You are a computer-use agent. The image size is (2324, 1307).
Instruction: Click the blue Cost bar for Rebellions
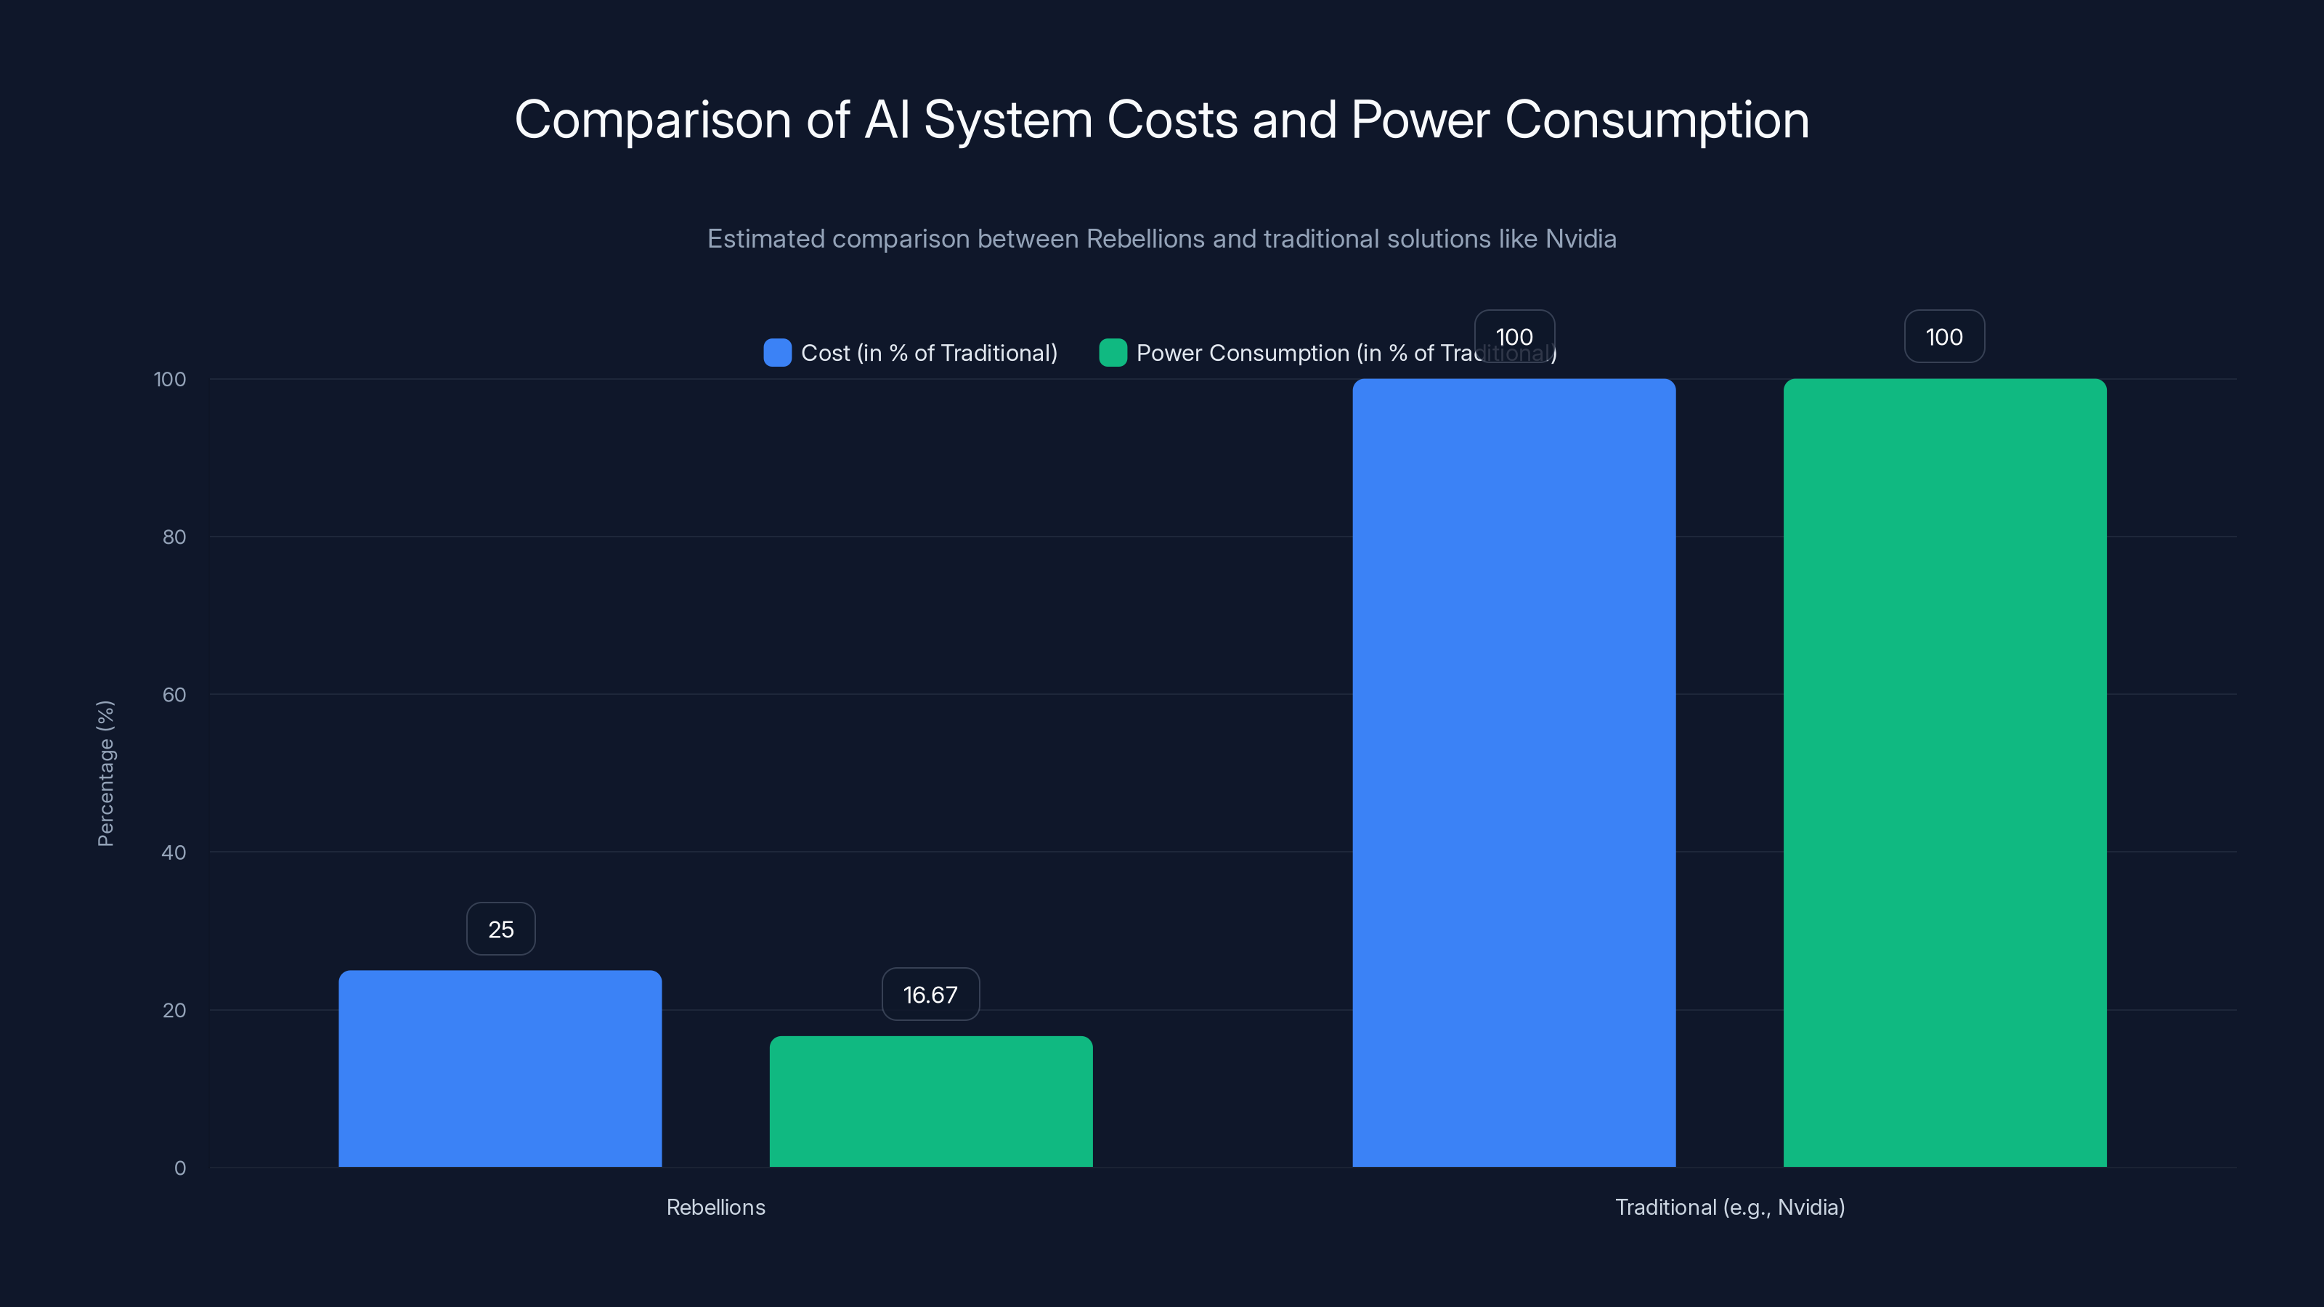[x=500, y=1069]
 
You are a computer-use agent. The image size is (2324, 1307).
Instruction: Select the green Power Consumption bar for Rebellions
[x=930, y=1102]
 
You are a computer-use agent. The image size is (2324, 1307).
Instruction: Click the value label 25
[x=500, y=929]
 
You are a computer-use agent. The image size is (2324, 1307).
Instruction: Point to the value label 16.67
[x=930, y=995]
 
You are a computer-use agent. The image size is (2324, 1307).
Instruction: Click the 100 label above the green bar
[x=1944, y=336]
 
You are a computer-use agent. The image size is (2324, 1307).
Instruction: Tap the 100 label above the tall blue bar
[x=1514, y=336]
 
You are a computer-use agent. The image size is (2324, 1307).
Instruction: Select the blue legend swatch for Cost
[x=777, y=353]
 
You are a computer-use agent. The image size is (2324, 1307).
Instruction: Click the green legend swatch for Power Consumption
[x=1113, y=353]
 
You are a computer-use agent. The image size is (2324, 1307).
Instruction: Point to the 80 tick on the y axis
[x=174, y=537]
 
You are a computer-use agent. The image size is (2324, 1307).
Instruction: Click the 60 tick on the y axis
[x=174, y=695]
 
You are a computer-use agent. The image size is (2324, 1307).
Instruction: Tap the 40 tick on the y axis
[x=174, y=852]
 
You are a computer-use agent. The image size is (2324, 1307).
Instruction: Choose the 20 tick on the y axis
[x=174, y=1010]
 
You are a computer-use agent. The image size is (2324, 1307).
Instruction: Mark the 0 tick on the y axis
[x=179, y=1168]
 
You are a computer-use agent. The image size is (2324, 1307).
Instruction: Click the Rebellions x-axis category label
[x=715, y=1207]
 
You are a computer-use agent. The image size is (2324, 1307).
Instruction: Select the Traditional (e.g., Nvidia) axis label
[x=1729, y=1207]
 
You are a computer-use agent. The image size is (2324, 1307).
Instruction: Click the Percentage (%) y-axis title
[x=105, y=773]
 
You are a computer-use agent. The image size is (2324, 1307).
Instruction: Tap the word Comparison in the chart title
[x=652, y=120]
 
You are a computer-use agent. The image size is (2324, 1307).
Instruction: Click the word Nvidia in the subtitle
[x=1580, y=239]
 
